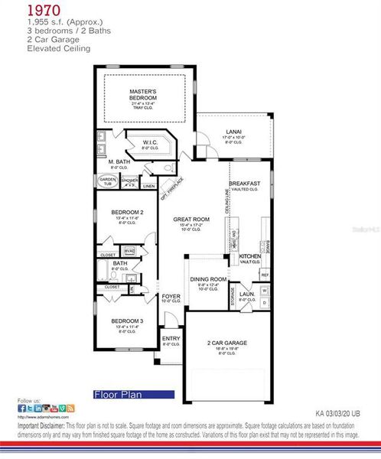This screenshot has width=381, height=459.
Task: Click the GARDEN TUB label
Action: [x=107, y=181]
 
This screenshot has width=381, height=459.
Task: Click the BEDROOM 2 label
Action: [x=126, y=212]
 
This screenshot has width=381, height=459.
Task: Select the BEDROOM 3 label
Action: [x=126, y=321]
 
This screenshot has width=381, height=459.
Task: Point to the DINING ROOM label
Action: [x=208, y=279]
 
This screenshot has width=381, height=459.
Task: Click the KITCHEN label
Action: [x=250, y=256]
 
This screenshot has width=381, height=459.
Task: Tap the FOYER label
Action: [x=171, y=295]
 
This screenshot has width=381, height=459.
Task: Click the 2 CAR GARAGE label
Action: [x=227, y=343]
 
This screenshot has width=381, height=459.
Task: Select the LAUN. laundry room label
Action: [x=246, y=293]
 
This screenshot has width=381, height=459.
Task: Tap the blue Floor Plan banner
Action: [x=128, y=395]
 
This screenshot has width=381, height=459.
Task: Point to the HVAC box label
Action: [x=129, y=250]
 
